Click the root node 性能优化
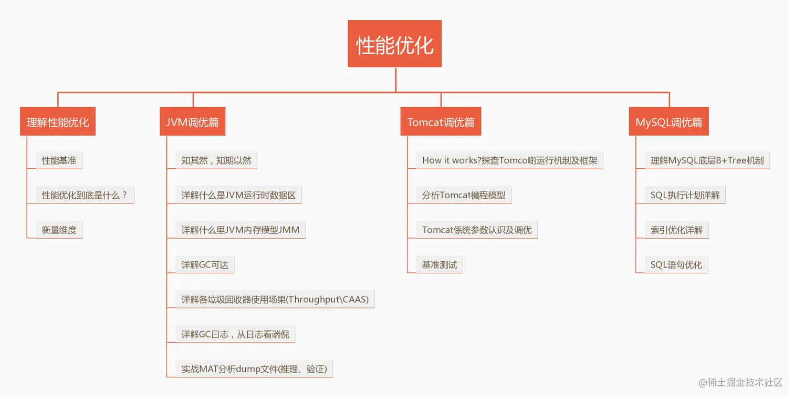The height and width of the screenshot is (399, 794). (394, 44)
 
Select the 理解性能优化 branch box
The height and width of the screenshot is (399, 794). (58, 122)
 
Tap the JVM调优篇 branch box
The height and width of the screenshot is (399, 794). (192, 122)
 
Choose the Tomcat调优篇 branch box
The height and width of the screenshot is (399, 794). (441, 122)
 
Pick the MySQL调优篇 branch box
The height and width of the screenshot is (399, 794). (668, 122)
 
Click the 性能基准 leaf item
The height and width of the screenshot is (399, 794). (59, 160)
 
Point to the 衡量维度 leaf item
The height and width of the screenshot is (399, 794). (59, 230)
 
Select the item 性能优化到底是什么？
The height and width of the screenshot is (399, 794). (85, 195)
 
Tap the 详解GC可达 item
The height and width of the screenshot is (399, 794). (205, 264)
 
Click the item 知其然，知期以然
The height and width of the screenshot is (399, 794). (216, 160)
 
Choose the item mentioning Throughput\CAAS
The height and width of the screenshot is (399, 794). (275, 299)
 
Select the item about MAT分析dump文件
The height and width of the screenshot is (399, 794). (254, 369)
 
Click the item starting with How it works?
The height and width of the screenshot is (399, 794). (509, 160)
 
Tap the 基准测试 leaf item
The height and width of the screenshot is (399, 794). (439, 264)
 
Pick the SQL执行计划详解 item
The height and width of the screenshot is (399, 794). (685, 195)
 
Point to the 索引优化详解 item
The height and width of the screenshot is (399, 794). (676, 230)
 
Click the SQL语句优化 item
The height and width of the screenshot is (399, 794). (676, 264)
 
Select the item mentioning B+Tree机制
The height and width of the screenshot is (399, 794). (707, 160)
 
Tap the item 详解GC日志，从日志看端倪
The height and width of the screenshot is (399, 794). (235, 334)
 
